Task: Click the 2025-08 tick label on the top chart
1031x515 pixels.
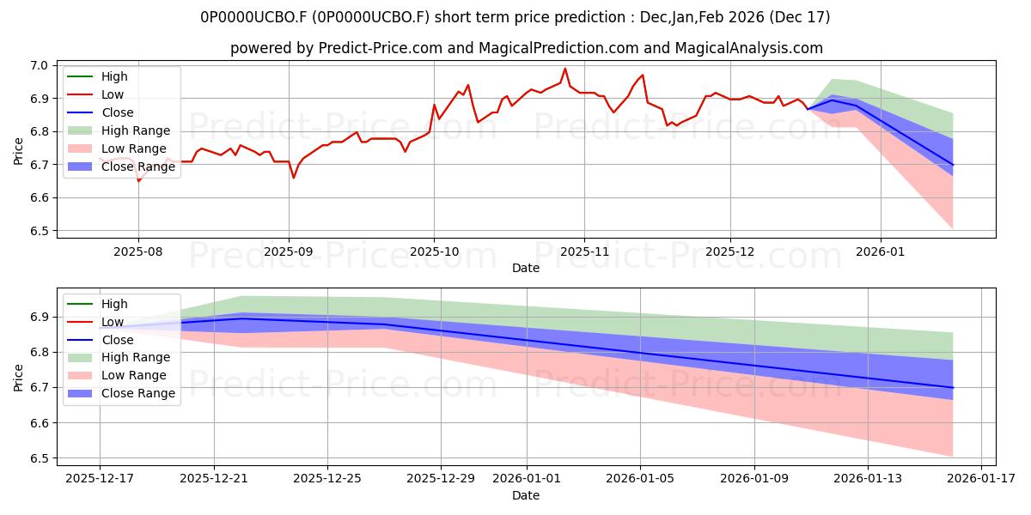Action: pos(138,251)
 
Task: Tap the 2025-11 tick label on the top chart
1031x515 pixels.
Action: pos(584,251)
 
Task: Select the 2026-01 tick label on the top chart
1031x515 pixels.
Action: pos(881,251)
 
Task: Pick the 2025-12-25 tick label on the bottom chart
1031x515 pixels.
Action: pos(327,478)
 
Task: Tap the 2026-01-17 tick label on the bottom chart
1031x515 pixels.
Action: pos(981,478)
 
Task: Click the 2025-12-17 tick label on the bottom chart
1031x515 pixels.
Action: pos(100,478)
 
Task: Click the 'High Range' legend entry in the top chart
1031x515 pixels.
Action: pos(135,130)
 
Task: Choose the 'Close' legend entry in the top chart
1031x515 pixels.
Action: pos(118,112)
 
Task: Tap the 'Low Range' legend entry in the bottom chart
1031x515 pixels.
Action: pos(134,376)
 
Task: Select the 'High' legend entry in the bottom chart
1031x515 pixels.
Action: pos(114,304)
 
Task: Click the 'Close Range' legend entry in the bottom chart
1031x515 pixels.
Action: pos(138,394)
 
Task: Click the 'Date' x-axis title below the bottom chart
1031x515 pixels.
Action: pos(526,495)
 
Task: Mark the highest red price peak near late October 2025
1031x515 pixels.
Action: pos(564,69)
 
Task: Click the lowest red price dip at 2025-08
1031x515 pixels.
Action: pos(138,181)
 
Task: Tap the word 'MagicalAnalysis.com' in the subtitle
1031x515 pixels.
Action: pos(750,48)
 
